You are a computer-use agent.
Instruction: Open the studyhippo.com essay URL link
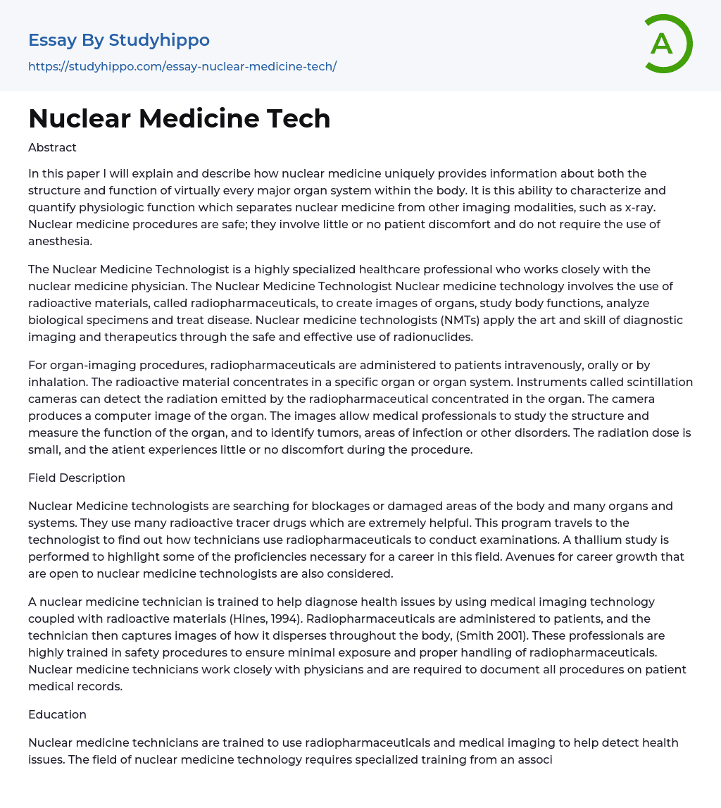(x=182, y=66)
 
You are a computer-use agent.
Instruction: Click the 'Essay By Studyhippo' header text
(x=119, y=40)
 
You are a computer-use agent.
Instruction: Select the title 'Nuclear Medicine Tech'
(x=180, y=118)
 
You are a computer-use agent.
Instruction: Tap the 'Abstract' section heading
(x=52, y=147)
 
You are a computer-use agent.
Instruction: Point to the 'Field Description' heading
(x=77, y=478)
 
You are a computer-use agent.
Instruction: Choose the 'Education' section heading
(x=57, y=714)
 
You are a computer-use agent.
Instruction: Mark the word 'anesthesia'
(x=60, y=241)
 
